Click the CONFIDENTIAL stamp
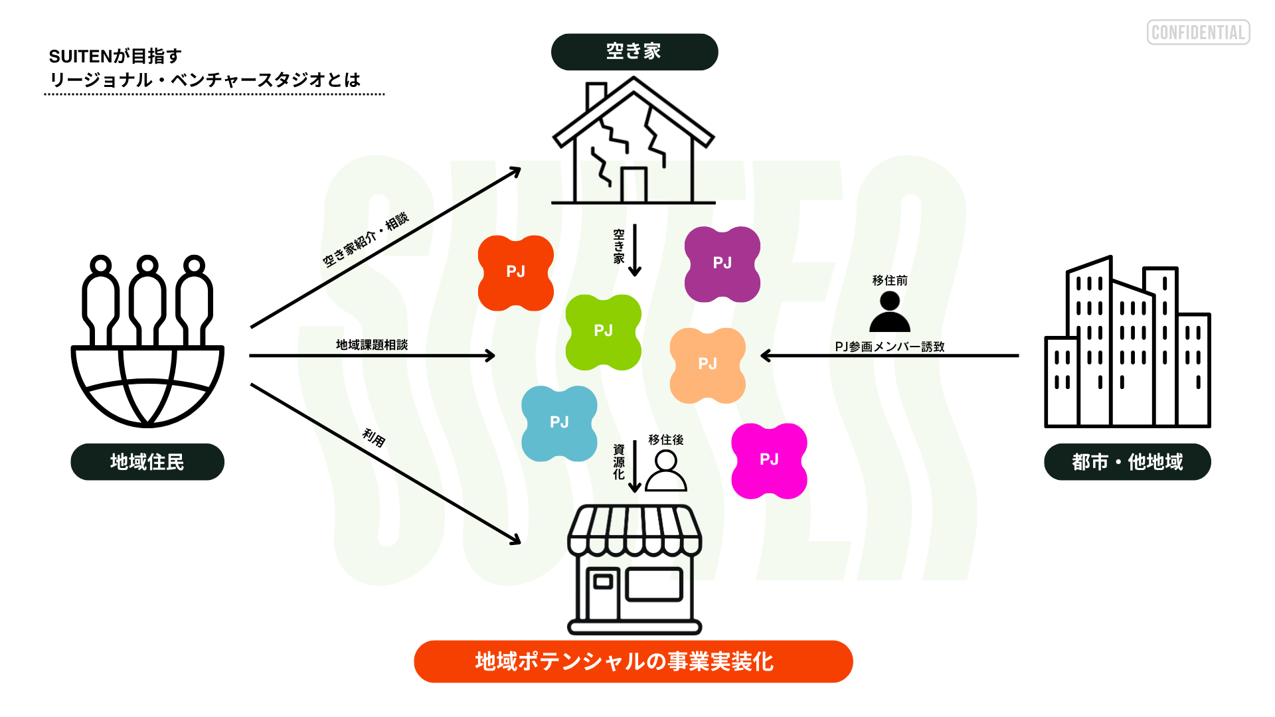[1198, 33]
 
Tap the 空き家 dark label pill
[634, 52]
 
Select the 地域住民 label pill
[147, 462]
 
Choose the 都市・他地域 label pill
[1127, 462]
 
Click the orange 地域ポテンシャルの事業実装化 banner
[633, 661]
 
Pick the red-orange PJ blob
[515, 272]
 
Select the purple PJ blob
[722, 264]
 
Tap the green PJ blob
[603, 331]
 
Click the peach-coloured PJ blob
[707, 364]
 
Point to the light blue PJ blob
[559, 423]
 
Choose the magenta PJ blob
[769, 460]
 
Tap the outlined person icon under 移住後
[665, 471]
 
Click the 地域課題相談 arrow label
[371, 345]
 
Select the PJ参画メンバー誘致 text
[889, 347]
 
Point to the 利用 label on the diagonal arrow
[374, 438]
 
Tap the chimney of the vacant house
[596, 96]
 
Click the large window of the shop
[654, 584]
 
